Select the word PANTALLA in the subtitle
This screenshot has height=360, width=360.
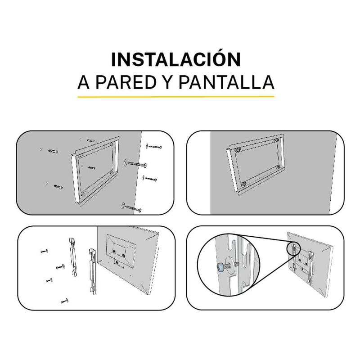tap(226, 82)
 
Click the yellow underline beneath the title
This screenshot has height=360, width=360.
tap(176, 97)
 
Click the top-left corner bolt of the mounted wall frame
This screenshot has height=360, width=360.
tap(238, 150)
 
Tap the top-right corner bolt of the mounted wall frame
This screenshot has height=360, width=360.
tap(277, 140)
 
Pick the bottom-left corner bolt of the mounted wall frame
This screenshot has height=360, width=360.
tap(243, 184)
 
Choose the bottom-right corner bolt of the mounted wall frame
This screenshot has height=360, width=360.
tap(278, 167)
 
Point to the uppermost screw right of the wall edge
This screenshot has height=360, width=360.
tap(153, 146)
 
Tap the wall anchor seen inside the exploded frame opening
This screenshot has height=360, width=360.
tap(92, 168)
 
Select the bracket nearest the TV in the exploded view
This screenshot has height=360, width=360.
tap(93, 271)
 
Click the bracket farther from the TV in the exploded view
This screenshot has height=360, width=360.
tap(73, 257)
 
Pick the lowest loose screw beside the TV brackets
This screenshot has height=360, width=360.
tap(64, 301)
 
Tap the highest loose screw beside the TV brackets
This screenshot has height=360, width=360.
tap(44, 251)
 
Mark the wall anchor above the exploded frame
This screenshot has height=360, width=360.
tap(91, 140)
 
